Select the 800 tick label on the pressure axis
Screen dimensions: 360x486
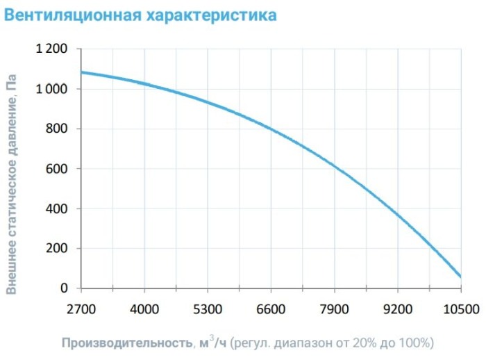click(58, 129)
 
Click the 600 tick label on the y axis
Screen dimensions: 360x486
click(58, 169)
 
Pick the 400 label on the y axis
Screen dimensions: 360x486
click(58, 208)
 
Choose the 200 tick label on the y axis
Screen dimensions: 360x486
click(58, 248)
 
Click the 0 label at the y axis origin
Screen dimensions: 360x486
click(65, 288)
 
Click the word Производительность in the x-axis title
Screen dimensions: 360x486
click(125, 343)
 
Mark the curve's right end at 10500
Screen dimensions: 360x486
click(460, 276)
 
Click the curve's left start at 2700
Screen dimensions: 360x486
click(82, 72)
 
